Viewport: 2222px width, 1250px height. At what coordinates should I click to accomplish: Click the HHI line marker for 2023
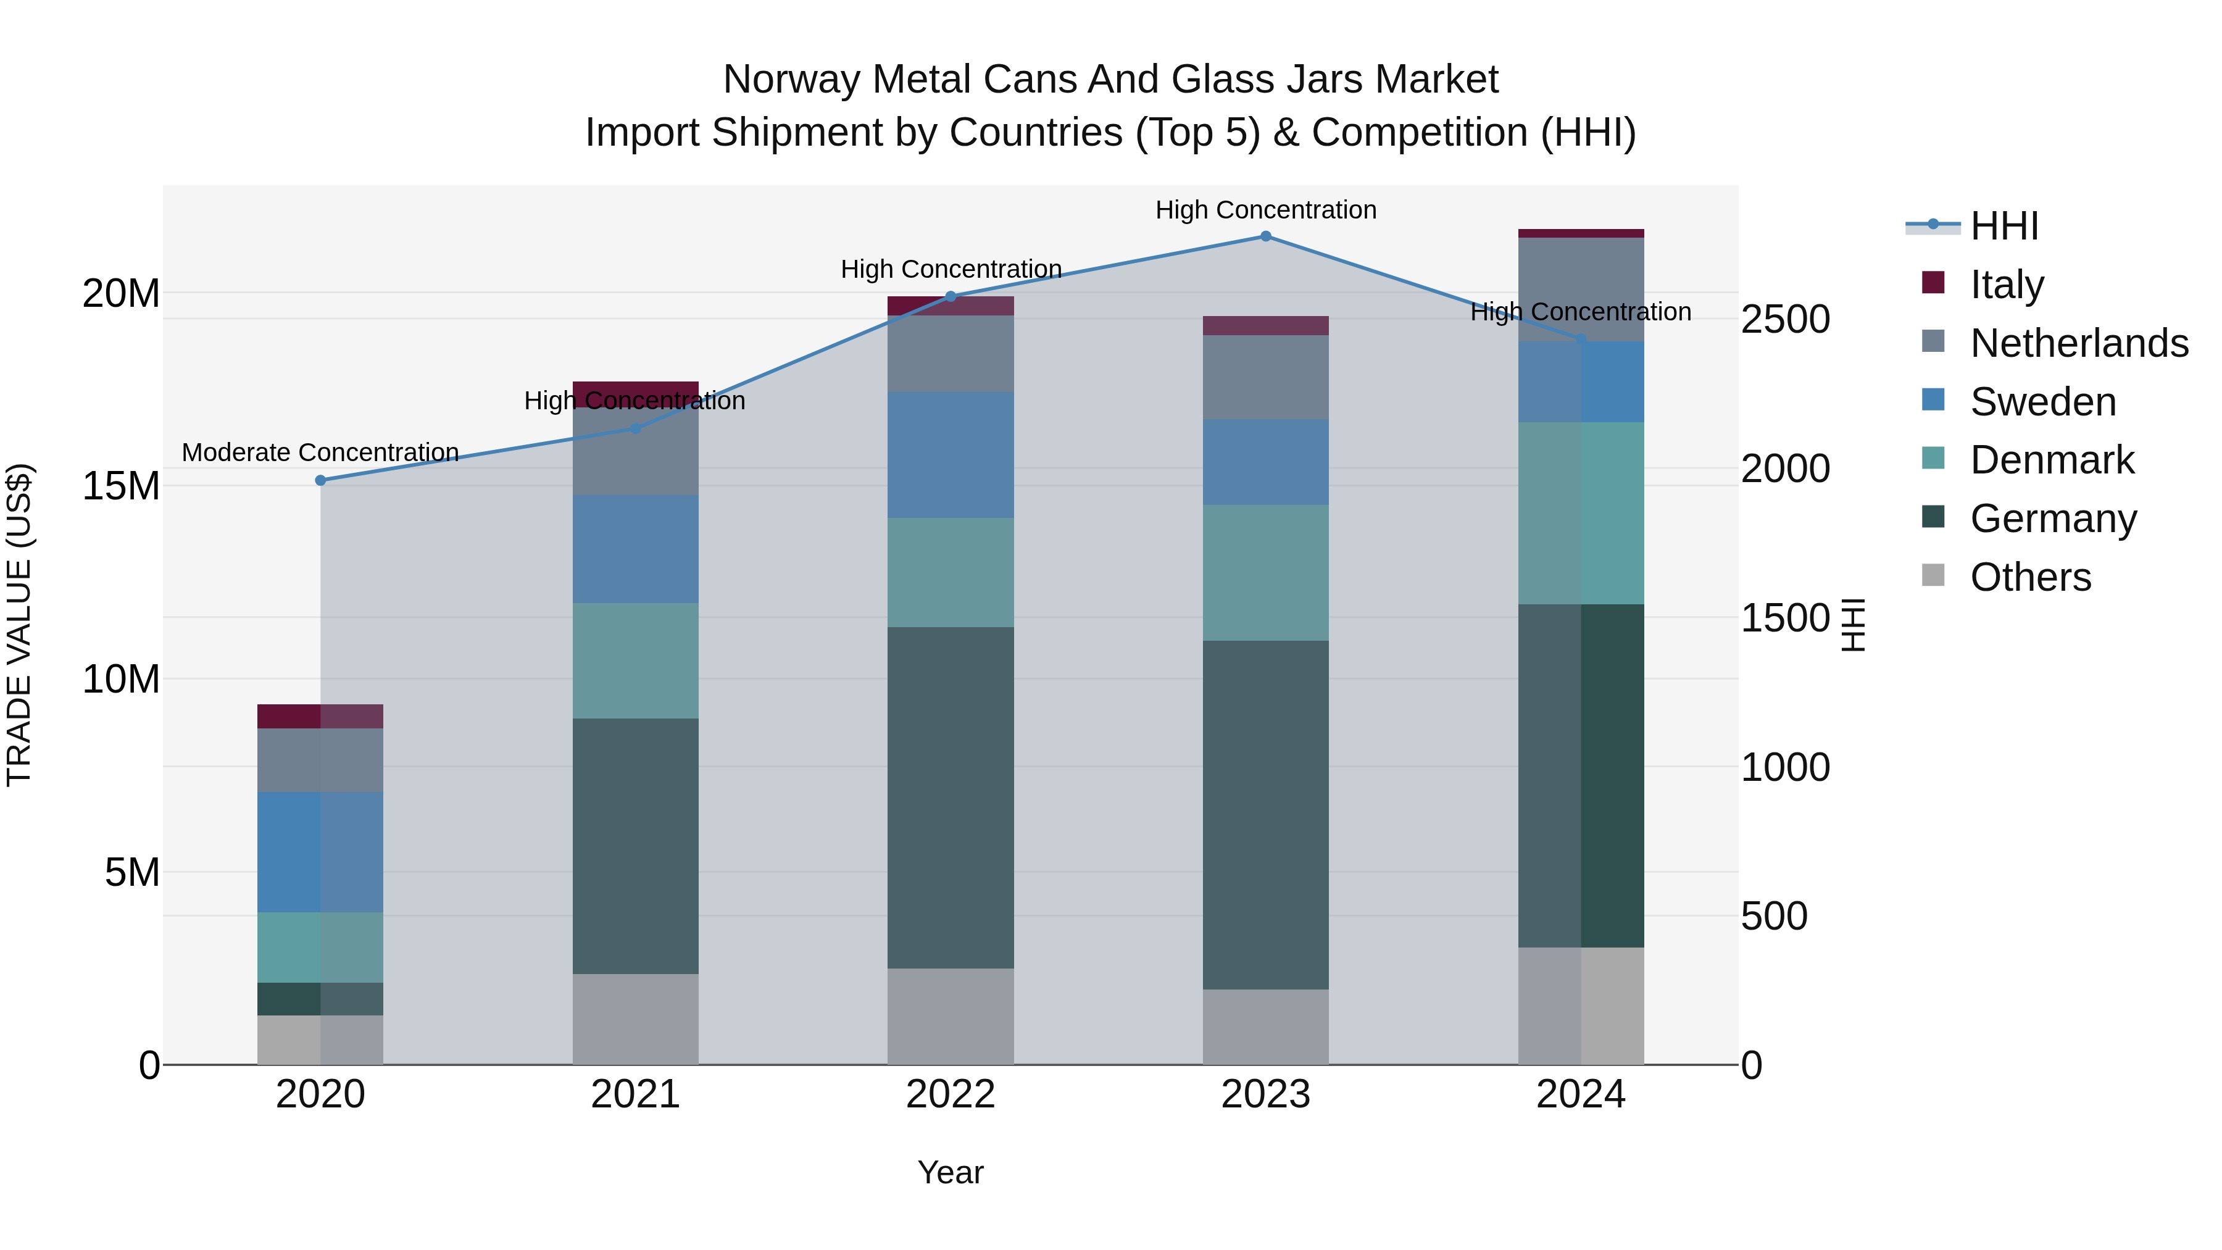click(x=1265, y=236)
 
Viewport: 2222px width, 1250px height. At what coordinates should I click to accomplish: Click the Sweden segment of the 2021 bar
click(x=635, y=549)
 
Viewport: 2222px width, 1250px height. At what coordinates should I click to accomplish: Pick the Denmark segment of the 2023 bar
click(x=1265, y=573)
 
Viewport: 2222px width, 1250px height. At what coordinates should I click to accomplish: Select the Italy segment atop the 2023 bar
click(x=1265, y=325)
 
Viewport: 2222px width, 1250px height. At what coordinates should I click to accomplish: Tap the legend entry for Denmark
click(x=2051, y=460)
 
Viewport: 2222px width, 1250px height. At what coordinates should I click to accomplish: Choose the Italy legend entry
click(x=2007, y=285)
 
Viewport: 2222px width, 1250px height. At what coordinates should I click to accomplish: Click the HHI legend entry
click(x=2003, y=226)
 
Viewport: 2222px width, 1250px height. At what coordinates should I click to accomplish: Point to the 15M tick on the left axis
click(x=121, y=486)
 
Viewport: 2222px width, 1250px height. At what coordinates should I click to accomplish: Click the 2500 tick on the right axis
click(x=1784, y=319)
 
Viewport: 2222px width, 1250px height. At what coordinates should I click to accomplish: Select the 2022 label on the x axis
click(x=951, y=1094)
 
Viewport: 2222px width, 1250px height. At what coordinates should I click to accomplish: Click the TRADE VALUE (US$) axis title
click(x=19, y=625)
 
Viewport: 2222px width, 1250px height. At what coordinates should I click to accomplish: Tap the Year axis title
click(x=951, y=1172)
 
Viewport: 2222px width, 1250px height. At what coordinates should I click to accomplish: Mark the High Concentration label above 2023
click(x=1265, y=210)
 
